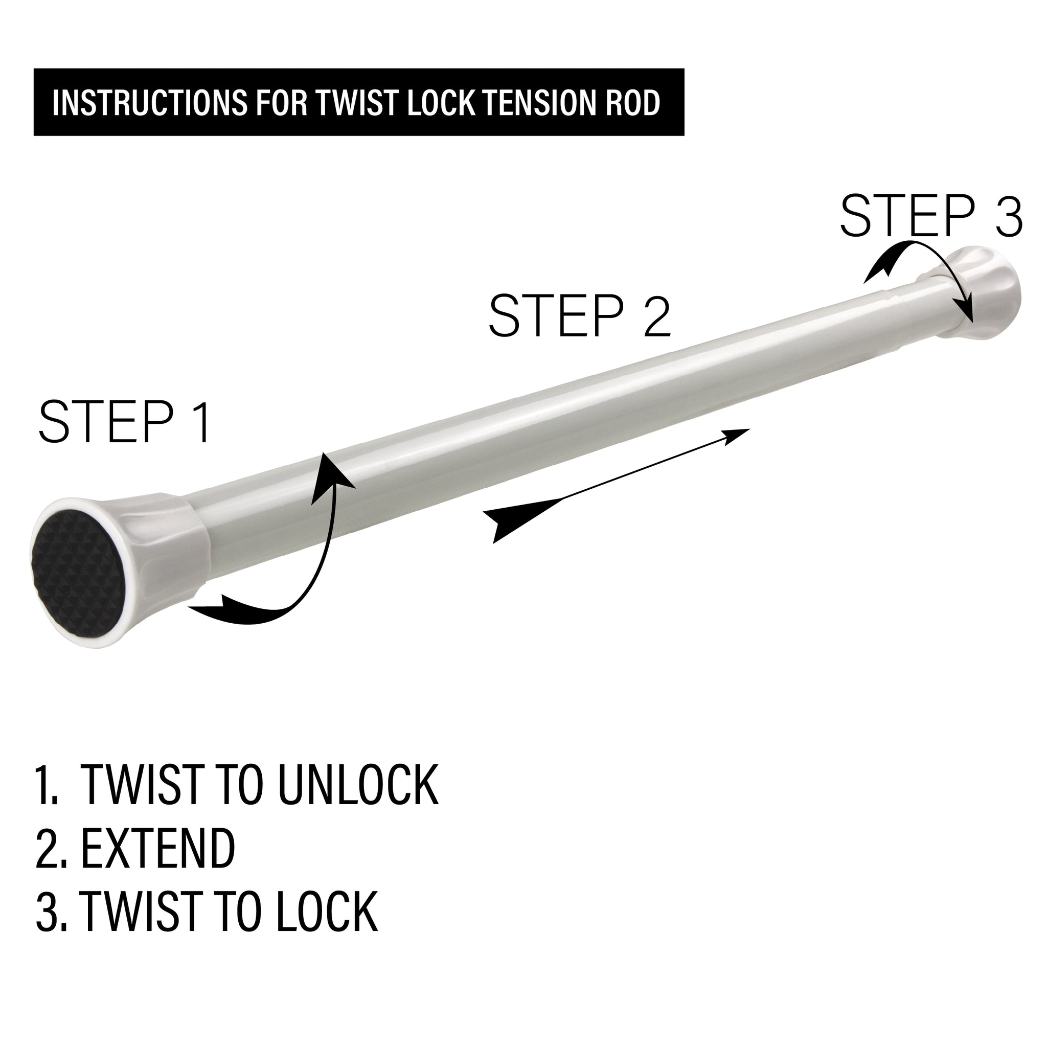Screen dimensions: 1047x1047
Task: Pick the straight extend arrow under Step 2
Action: pos(618,485)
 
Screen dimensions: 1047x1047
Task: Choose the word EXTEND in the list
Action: pos(158,849)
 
